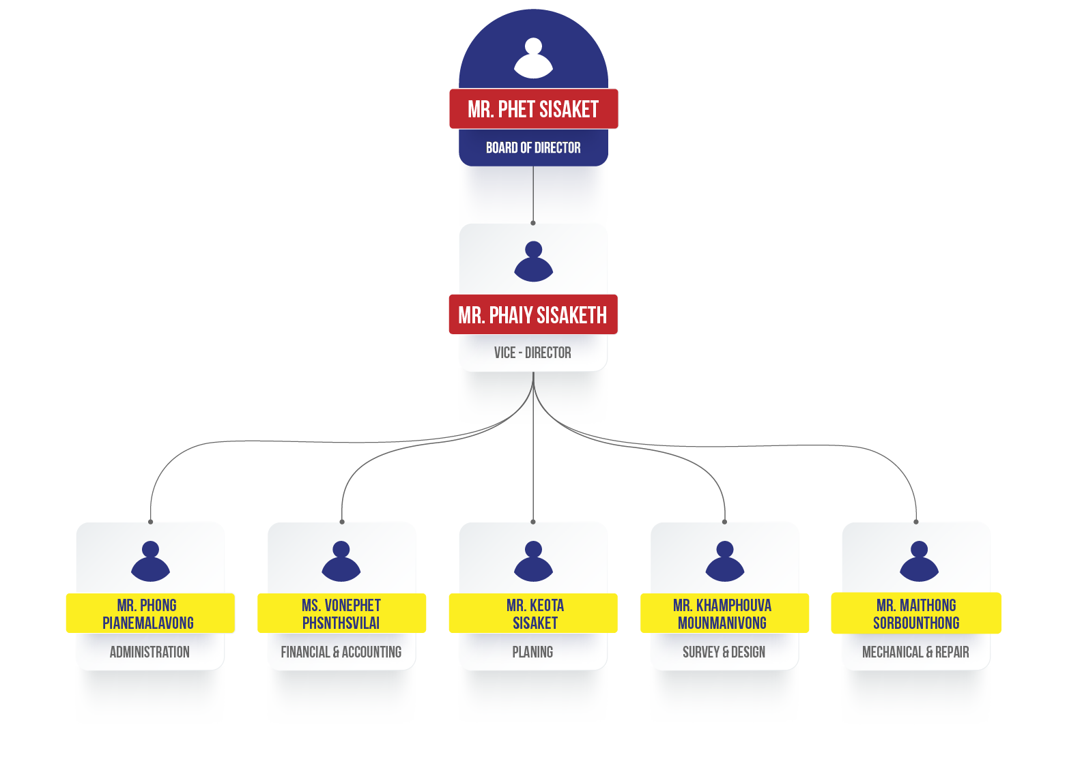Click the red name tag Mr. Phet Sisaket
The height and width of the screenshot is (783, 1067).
pyautogui.click(x=533, y=109)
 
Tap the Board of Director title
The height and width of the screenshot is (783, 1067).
pyautogui.click(x=533, y=148)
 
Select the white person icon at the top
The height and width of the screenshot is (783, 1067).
pyautogui.click(x=533, y=58)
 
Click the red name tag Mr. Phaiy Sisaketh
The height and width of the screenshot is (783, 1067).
pyautogui.click(x=532, y=315)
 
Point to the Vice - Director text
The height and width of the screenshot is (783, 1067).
pyautogui.click(x=532, y=353)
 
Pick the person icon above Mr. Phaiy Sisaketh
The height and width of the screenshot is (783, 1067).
pyautogui.click(x=533, y=261)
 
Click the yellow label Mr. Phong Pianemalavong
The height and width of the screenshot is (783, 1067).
pyautogui.click(x=150, y=614)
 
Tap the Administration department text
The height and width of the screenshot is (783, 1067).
pyautogui.click(x=150, y=652)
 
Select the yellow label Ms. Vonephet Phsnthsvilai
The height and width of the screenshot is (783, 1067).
pyautogui.click(x=341, y=614)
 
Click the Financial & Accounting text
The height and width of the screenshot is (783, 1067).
pyautogui.click(x=341, y=652)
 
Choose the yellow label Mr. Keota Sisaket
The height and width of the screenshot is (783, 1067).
pyautogui.click(x=533, y=614)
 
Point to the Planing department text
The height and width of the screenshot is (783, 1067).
pyautogui.click(x=532, y=652)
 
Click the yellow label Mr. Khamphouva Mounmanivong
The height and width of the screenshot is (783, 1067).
pyautogui.click(x=724, y=614)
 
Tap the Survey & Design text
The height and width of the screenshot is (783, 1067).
pyautogui.click(x=724, y=652)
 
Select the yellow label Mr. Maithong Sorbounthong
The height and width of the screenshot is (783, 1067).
pyautogui.click(x=916, y=614)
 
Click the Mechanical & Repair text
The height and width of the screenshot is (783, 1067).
pyautogui.click(x=915, y=652)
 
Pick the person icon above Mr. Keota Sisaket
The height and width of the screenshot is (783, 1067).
pyautogui.click(x=533, y=561)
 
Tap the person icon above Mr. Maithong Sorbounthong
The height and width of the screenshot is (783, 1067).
pyautogui.click(x=919, y=561)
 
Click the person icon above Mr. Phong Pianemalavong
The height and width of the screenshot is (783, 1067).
pyautogui.click(x=150, y=561)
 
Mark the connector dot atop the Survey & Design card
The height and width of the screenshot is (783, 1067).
pyautogui.click(x=724, y=522)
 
